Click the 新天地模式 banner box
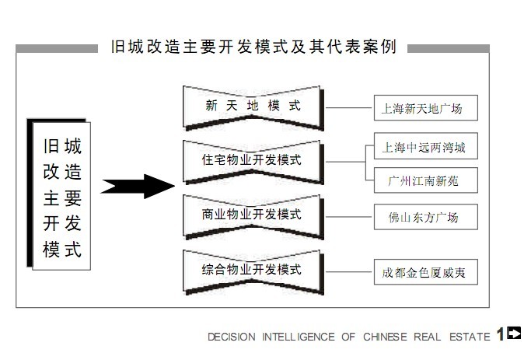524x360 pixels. (253, 107)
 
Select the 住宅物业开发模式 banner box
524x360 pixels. (253, 160)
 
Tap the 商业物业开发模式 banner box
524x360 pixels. (253, 214)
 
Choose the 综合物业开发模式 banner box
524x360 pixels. (253, 270)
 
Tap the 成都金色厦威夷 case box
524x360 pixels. (424, 273)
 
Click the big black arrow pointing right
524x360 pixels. (136, 186)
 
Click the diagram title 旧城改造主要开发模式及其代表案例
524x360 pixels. (253, 47)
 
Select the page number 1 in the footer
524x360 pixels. (500, 335)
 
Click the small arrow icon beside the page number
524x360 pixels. (514, 334)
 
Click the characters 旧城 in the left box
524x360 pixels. (62, 145)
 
